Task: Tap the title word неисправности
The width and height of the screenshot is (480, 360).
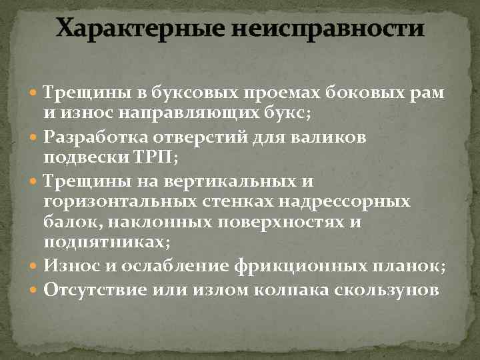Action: tap(329, 29)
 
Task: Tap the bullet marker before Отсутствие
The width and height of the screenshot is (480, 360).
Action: tap(35, 289)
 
